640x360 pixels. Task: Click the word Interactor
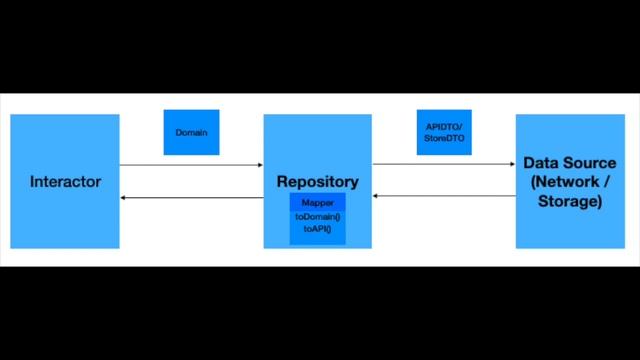(x=64, y=182)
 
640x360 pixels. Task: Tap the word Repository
(x=317, y=182)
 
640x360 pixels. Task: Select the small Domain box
(x=191, y=132)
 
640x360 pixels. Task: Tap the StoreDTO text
(x=443, y=138)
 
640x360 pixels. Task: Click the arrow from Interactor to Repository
(x=190, y=164)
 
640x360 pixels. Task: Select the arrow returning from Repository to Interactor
(x=190, y=200)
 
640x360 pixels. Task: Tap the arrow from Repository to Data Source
(x=443, y=164)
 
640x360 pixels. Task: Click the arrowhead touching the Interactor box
(x=124, y=200)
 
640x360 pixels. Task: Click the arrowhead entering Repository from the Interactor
(x=258, y=164)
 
